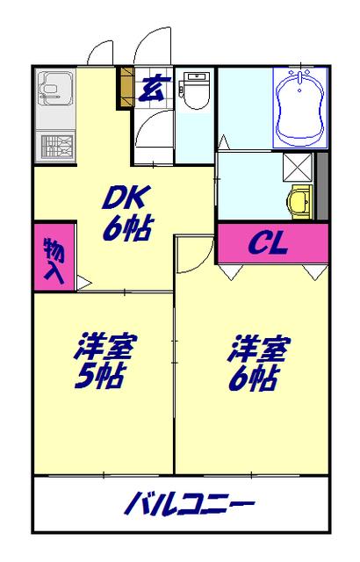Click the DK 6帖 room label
coord(126,213)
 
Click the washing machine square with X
coord(295,166)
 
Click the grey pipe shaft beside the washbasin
coord(321,185)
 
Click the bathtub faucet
coord(301,81)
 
